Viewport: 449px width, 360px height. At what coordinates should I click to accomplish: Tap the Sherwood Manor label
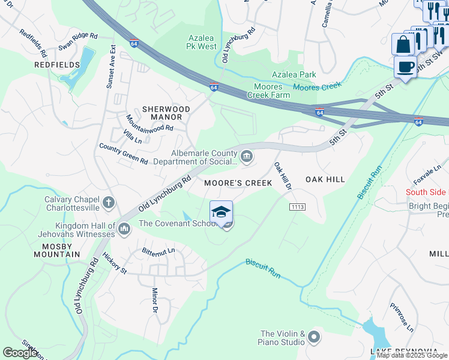coord(166,113)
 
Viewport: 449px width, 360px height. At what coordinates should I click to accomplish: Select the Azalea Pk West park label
coord(199,42)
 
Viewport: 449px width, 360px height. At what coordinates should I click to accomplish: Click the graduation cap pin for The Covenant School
coord(221,212)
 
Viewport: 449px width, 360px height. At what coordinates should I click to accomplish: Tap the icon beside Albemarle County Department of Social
coord(246,157)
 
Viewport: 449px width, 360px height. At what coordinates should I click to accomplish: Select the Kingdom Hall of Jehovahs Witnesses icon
coord(124,228)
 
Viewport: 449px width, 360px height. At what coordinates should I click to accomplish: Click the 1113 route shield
coord(297,207)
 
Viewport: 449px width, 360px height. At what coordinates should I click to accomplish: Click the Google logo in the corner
coord(20,352)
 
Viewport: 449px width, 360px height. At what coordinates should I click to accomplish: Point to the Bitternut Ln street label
coord(158,251)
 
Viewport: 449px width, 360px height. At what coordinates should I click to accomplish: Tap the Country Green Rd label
coord(124,154)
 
